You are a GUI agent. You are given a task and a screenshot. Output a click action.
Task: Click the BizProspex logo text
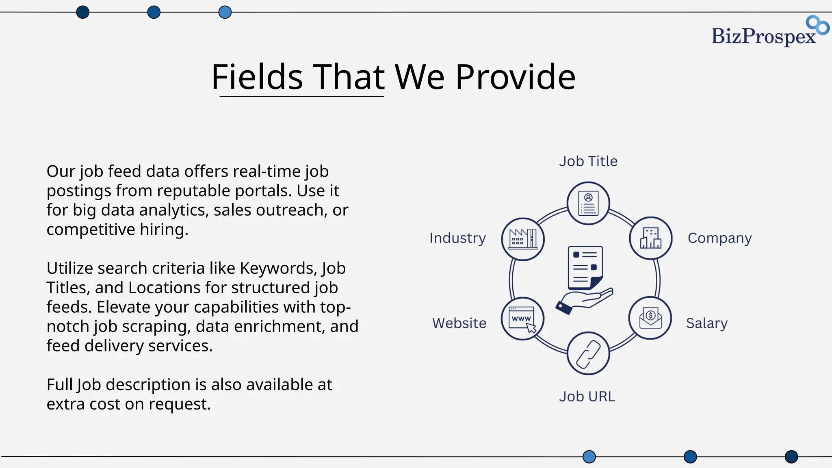764,36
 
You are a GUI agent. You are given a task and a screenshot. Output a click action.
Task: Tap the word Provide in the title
515,77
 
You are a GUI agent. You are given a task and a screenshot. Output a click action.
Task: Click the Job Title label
588,161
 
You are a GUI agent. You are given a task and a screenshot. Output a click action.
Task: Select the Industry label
457,238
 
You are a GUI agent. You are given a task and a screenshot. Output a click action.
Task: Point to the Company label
719,238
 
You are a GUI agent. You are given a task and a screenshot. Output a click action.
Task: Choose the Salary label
707,323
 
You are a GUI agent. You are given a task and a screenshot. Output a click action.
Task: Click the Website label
459,323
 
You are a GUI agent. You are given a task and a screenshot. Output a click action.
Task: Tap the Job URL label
587,396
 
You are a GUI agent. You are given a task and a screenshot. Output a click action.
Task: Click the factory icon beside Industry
523,239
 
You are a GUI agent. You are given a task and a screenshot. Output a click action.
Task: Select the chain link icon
588,354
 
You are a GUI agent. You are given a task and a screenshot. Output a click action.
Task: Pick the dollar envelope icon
650,318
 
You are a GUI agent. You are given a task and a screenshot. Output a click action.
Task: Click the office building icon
650,238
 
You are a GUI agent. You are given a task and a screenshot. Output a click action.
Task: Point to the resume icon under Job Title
588,203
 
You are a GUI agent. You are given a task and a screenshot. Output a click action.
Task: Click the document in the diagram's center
585,267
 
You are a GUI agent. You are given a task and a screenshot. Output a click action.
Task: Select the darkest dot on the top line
82,12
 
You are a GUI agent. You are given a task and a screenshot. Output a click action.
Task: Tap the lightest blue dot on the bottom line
589,457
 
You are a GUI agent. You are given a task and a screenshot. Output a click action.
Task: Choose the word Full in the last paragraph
60,385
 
